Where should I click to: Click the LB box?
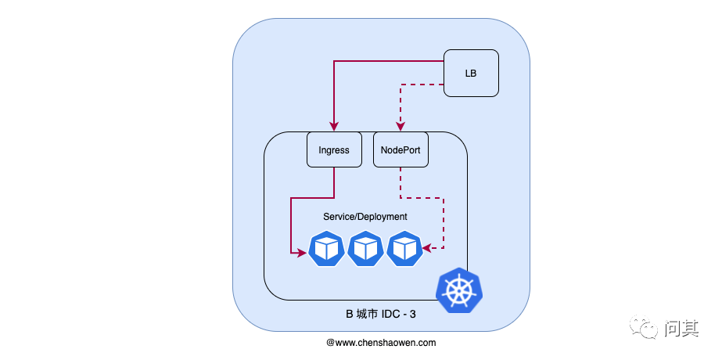[x=471, y=74]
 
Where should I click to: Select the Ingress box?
[x=334, y=149]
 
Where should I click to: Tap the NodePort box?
[x=401, y=149]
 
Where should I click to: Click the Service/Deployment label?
[x=365, y=216]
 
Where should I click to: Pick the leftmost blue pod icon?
[x=327, y=250]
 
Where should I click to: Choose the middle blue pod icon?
[x=366, y=250]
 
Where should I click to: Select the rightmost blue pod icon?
[x=405, y=250]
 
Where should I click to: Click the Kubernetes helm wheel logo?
[x=459, y=290]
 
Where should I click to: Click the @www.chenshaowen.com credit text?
[x=381, y=343]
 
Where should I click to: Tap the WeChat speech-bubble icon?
[x=647, y=328]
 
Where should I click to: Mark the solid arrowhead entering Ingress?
[x=334, y=127]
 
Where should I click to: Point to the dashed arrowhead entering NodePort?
[x=401, y=127]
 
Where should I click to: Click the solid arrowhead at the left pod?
[x=302, y=252]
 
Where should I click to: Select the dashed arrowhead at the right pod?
[x=428, y=249]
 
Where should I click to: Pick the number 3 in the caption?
[x=415, y=315]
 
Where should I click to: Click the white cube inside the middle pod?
[x=366, y=250]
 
